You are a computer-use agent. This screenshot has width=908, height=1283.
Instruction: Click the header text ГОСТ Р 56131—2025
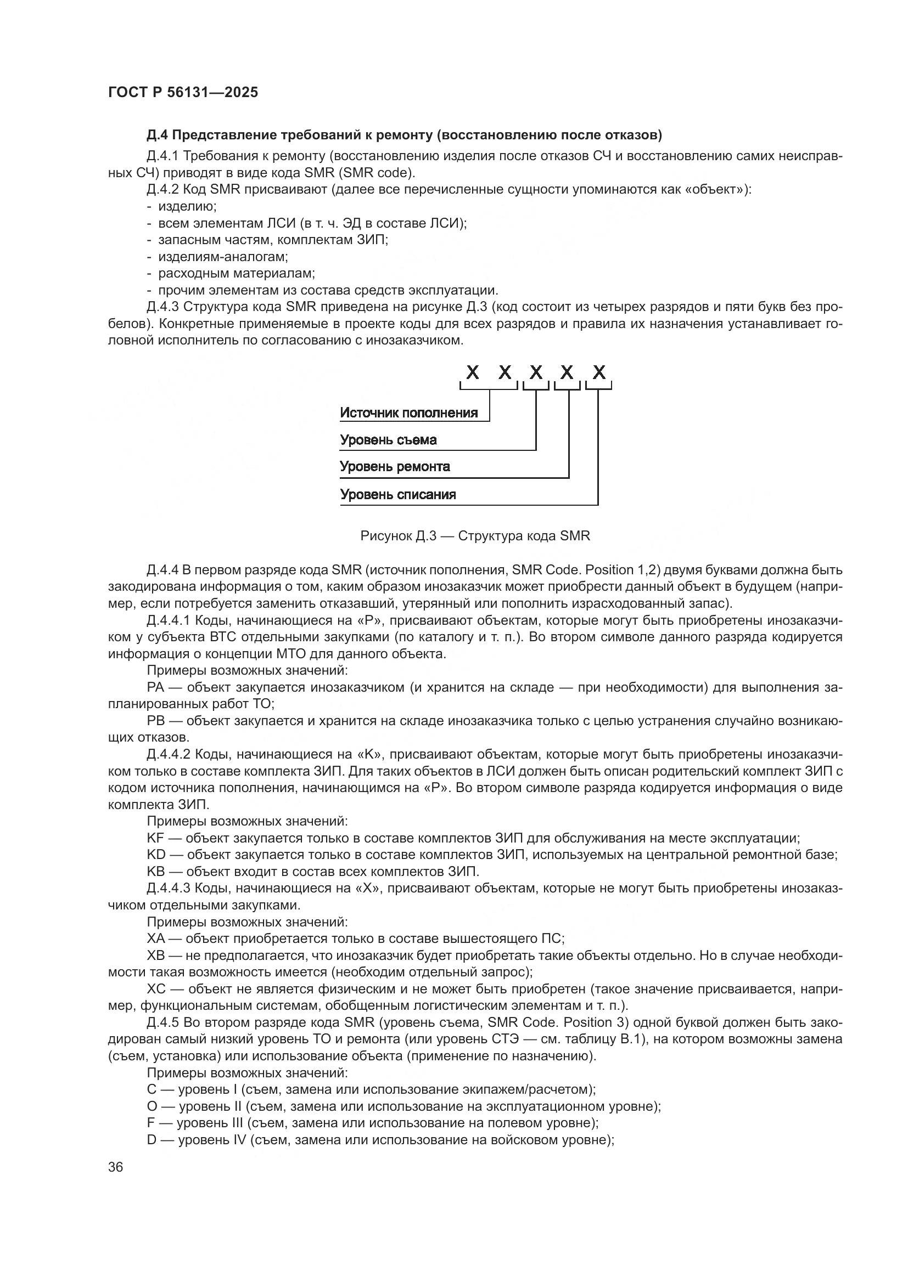tap(183, 93)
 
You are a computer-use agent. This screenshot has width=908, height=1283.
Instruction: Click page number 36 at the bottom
tap(116, 1167)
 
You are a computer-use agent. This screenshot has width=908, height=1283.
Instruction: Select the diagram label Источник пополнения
tap(409, 413)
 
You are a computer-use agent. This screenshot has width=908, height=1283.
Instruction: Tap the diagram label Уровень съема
tap(388, 440)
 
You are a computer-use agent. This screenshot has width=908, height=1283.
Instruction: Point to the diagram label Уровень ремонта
tap(395, 467)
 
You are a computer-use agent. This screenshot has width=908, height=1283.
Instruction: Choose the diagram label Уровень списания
tap(397, 495)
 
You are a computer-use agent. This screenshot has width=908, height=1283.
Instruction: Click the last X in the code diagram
tap(599, 372)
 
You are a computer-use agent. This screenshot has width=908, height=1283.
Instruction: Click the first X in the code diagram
tap(473, 372)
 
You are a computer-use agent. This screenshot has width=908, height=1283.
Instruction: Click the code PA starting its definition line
tap(155, 687)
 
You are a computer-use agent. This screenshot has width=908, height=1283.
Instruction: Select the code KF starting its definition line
tap(155, 838)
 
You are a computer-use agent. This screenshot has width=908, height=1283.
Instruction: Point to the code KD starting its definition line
tap(155, 855)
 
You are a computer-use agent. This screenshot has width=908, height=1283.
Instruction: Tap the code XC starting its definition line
tap(156, 988)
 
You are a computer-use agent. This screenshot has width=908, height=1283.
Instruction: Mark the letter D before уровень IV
tap(151, 1139)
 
